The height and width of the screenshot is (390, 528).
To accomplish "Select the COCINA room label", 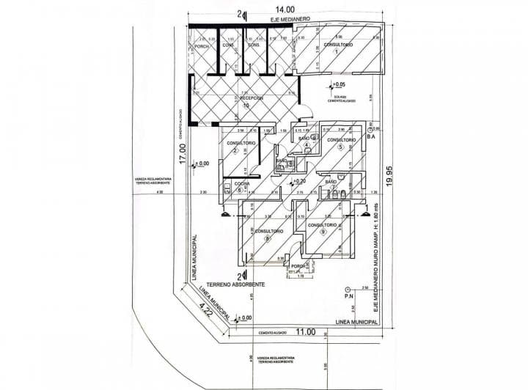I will (243, 183).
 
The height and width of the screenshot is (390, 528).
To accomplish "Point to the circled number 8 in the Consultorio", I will (268, 238).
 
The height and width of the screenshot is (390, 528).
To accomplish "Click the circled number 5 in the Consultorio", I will (341, 147).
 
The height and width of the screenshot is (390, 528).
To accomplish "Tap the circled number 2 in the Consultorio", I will (235, 151).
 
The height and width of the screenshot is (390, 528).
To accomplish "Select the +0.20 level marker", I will (298, 180).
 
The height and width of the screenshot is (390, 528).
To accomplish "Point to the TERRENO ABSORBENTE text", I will (233, 283).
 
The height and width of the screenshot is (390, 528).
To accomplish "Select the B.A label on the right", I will (371, 136).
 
